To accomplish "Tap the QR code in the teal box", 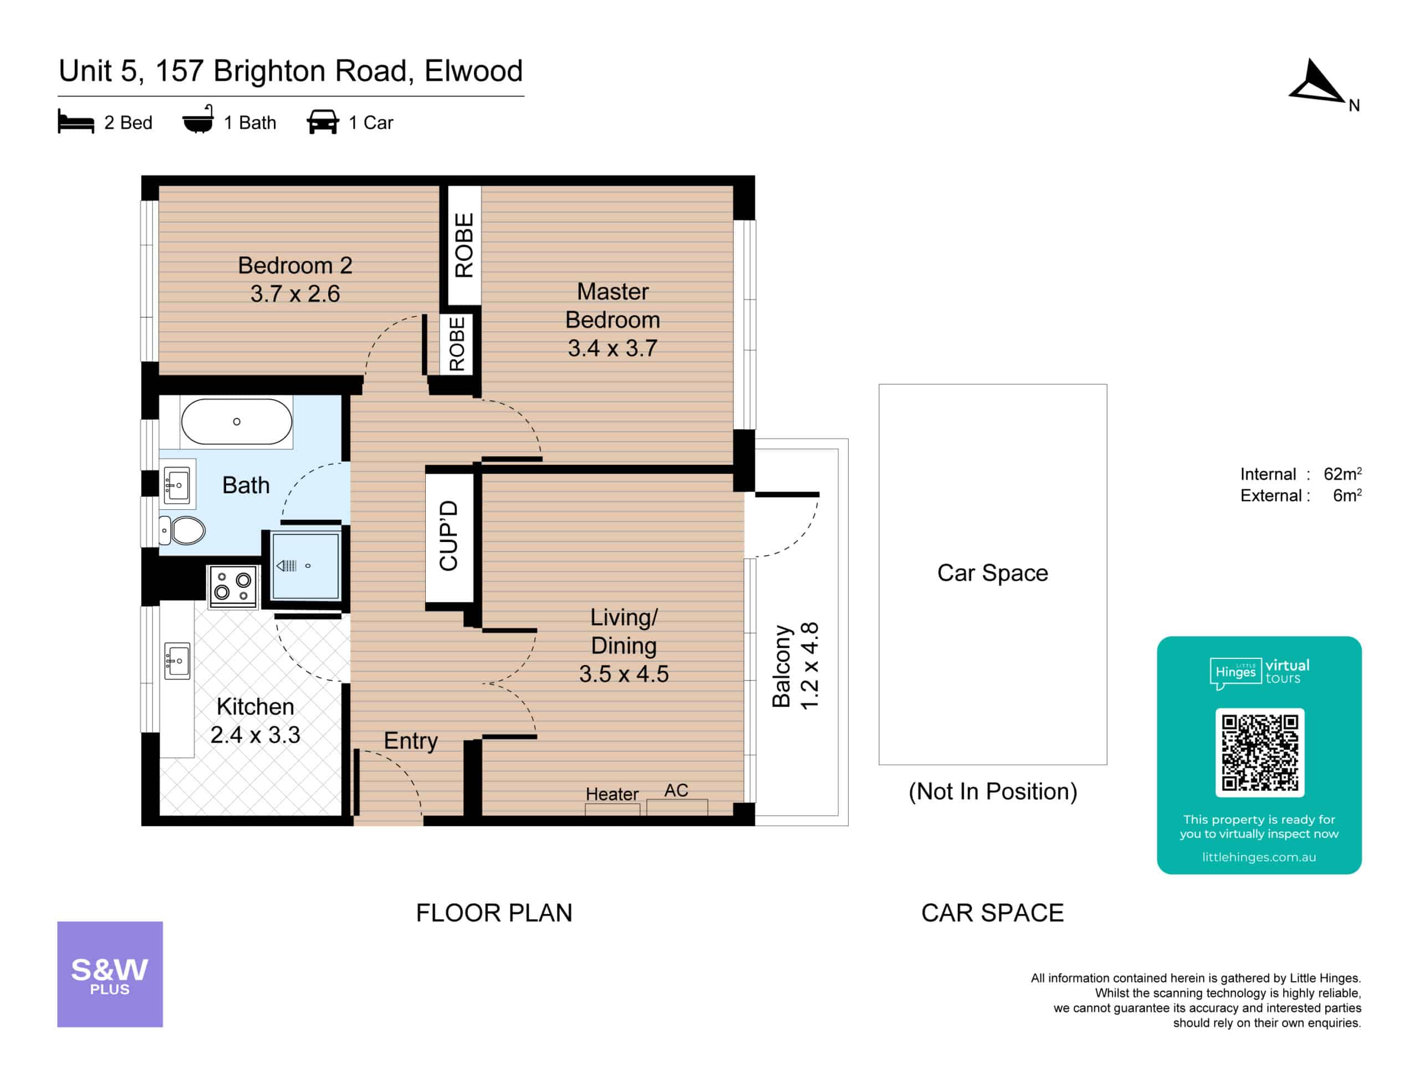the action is point(1259,752).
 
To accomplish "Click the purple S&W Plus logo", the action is point(110,974).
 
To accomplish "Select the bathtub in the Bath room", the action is point(236,422).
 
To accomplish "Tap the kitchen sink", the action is point(177,661).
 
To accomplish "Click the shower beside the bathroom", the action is point(305,566).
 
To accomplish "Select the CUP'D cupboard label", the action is point(448,535).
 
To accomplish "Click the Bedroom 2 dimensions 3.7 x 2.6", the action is point(295,293).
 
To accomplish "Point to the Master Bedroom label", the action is point(612,306).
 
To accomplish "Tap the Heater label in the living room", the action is point(612,794).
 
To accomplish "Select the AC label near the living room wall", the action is point(676,790).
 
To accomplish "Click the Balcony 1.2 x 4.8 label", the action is point(795,666).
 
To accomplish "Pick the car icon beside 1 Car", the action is point(323,121).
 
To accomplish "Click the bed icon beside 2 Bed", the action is point(76,121).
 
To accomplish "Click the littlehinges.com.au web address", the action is point(1259,857).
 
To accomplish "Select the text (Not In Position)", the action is point(992,792).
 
